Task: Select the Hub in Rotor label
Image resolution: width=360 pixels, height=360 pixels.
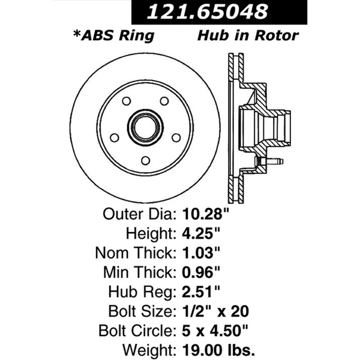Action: [247, 35]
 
